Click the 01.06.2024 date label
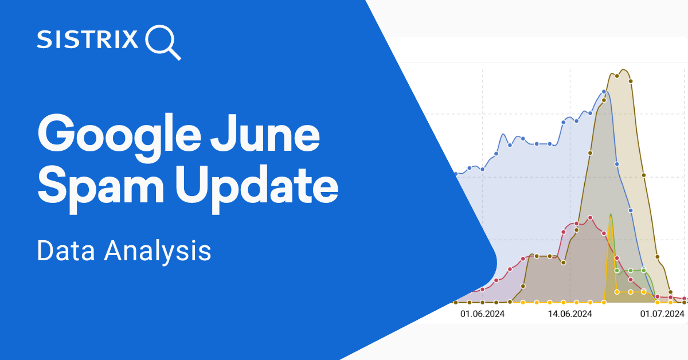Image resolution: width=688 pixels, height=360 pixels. [x=483, y=314]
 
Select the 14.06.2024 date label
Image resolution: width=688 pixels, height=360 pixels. [x=570, y=314]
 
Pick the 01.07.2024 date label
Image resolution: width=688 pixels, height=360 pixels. [x=662, y=314]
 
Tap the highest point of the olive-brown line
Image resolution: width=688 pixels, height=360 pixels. [x=623, y=70]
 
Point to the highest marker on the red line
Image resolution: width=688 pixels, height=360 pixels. [x=590, y=218]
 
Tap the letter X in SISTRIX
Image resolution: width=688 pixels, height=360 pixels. [x=130, y=39]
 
